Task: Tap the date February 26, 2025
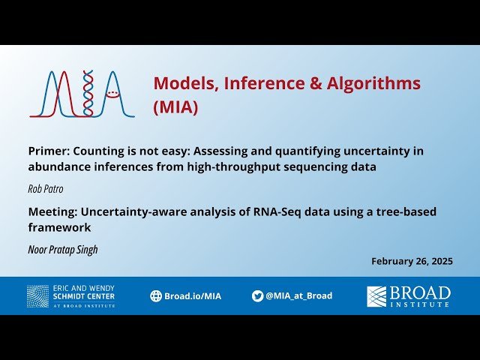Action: click(x=412, y=261)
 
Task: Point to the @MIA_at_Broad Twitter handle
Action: click(x=298, y=296)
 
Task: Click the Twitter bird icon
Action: click(x=257, y=296)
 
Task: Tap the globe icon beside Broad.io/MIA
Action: click(x=156, y=296)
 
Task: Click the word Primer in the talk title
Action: click(x=49, y=151)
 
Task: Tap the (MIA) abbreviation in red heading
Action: click(x=175, y=107)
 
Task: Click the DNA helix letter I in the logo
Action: click(x=88, y=94)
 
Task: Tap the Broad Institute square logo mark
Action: click(x=376, y=296)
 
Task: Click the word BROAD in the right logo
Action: click(x=420, y=292)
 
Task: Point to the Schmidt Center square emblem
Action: click(x=37, y=296)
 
